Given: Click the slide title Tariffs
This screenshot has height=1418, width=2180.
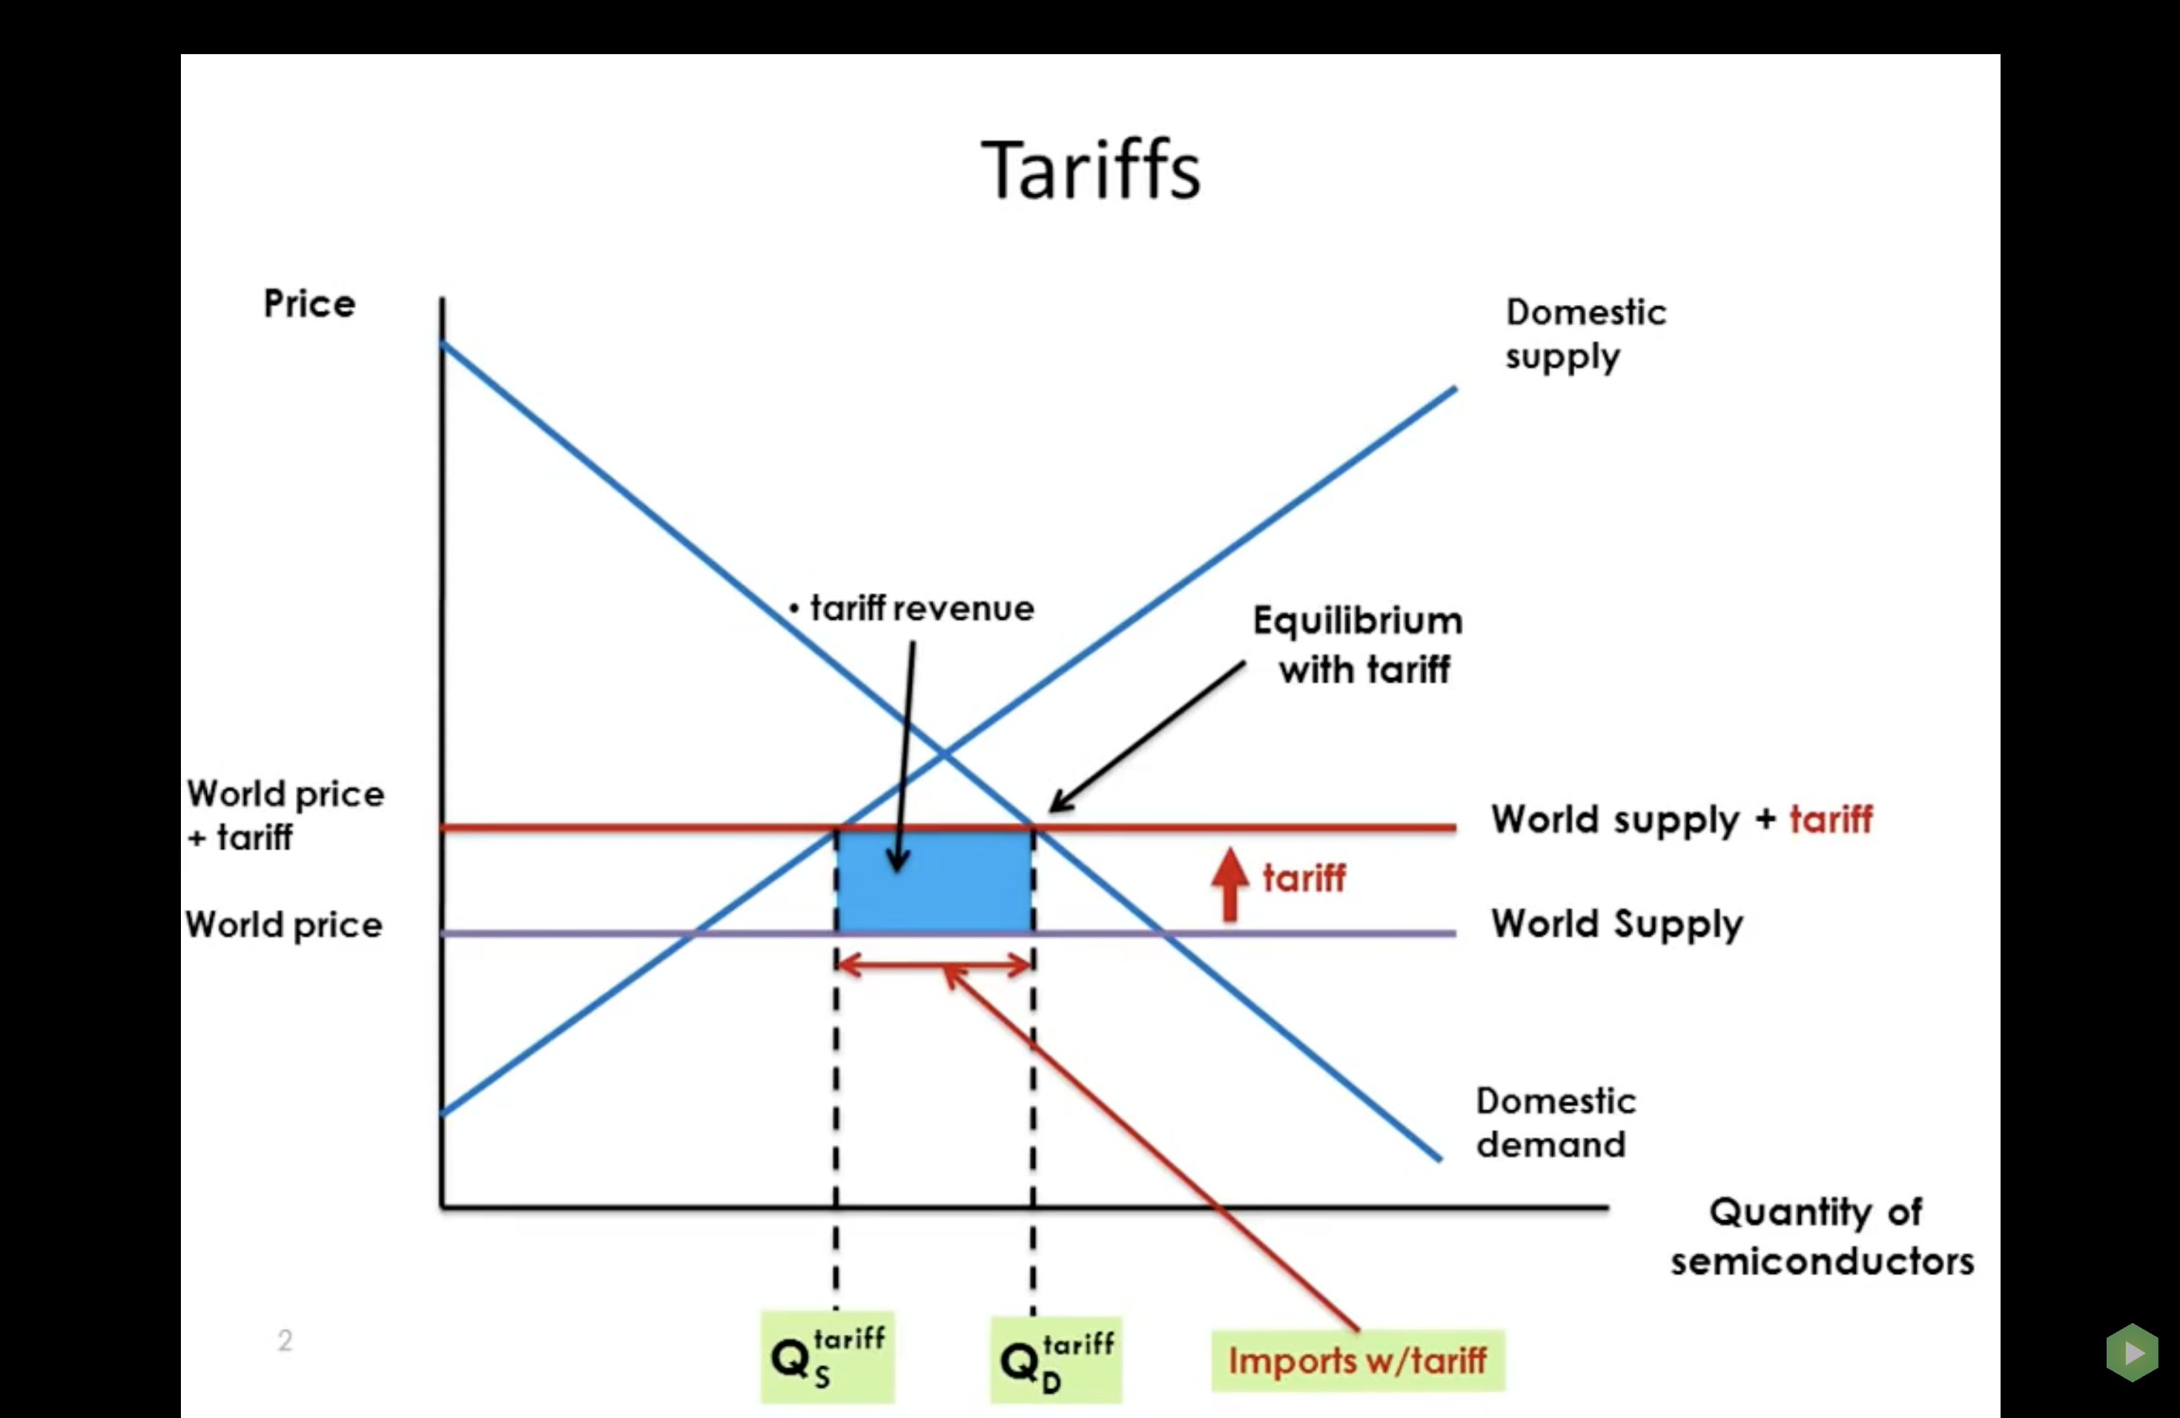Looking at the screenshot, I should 1090,171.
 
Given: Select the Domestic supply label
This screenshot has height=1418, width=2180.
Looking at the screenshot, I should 1585,334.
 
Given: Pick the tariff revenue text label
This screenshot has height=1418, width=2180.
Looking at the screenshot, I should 920,608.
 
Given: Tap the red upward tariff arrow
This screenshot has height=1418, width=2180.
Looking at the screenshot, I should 1229,883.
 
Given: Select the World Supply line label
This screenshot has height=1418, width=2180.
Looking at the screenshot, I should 1616,923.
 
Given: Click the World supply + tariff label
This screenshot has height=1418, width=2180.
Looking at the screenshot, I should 1681,819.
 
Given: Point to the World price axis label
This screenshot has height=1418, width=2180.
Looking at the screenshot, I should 284,924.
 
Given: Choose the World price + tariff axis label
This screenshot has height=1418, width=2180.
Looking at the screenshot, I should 284,814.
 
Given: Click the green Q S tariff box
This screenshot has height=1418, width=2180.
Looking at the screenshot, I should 827,1357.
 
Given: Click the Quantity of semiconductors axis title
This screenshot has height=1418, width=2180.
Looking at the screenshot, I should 1821,1236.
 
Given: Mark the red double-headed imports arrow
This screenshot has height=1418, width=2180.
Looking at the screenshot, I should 934,965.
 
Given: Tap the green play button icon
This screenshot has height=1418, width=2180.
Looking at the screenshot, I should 2133,1352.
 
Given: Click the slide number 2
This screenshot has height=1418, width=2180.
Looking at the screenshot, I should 285,1340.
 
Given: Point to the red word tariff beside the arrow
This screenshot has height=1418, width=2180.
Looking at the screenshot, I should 1304,879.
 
